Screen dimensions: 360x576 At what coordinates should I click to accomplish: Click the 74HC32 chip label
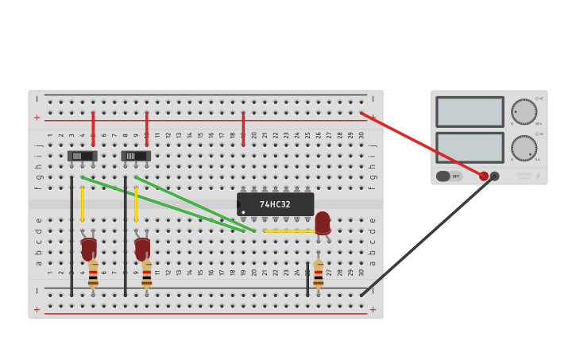(x=275, y=204)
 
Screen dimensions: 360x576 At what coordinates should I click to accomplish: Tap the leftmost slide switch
(x=82, y=156)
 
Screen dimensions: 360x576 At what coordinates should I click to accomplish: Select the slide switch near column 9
(x=136, y=156)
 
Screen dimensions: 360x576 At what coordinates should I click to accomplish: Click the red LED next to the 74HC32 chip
(x=322, y=223)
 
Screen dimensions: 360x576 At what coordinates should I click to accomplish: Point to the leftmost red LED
(x=88, y=248)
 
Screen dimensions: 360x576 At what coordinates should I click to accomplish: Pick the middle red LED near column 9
(x=142, y=248)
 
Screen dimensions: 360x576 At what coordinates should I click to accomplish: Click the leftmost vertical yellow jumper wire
(x=82, y=204)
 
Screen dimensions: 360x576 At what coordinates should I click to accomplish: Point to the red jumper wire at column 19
(x=243, y=128)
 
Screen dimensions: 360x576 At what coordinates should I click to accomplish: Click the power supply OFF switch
(x=449, y=176)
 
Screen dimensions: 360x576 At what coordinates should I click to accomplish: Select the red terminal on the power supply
(x=484, y=176)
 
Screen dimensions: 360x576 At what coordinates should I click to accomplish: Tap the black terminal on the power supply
(x=495, y=176)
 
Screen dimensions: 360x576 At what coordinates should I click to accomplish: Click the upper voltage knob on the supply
(x=524, y=111)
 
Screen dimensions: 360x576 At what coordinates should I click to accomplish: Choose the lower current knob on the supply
(x=524, y=148)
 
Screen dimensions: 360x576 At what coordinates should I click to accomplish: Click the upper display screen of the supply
(x=470, y=112)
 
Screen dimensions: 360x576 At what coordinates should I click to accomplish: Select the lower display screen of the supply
(x=470, y=148)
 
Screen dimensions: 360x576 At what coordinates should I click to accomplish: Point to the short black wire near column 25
(x=307, y=279)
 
